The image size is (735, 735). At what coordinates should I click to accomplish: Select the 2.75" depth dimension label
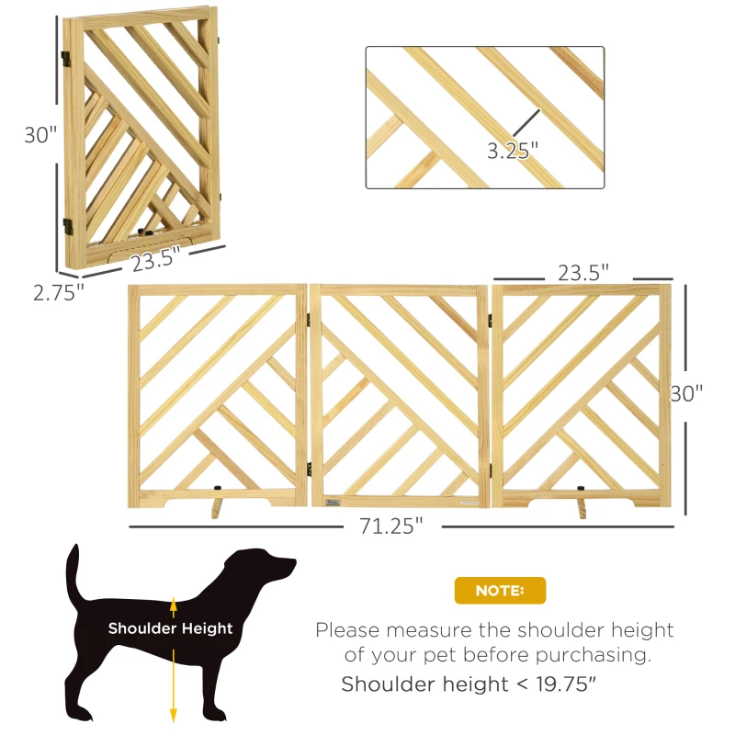[x=58, y=293]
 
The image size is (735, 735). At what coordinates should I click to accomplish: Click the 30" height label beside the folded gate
[x=40, y=134]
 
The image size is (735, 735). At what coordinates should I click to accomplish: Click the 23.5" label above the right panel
[x=584, y=273]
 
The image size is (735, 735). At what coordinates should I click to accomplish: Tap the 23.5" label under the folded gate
[x=153, y=260]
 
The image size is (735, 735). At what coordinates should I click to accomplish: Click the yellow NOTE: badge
[x=500, y=591]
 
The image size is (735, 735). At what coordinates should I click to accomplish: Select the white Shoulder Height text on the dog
[x=170, y=628]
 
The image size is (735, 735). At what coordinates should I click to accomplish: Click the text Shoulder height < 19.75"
[x=471, y=684]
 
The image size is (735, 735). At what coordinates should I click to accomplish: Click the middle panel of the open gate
[x=400, y=395]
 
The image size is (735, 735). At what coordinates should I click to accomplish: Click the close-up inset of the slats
[x=485, y=118]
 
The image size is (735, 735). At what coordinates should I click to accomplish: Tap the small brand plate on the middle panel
[x=333, y=501]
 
